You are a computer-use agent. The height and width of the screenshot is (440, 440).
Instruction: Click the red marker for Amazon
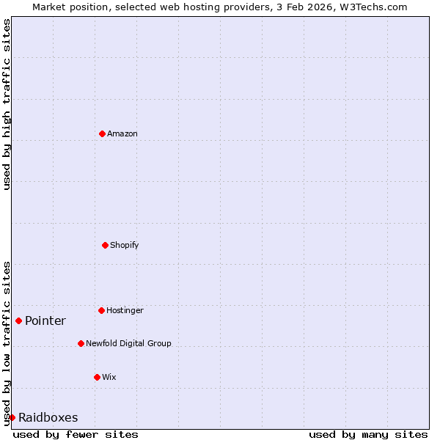103,133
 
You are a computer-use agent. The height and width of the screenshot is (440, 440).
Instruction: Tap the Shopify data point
105,245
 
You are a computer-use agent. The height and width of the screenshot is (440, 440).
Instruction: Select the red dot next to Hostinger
102,310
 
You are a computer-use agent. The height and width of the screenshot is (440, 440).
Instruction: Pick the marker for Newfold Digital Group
81,343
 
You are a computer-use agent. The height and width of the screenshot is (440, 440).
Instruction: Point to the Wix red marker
97,377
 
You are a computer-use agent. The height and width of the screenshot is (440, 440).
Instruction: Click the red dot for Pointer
18,320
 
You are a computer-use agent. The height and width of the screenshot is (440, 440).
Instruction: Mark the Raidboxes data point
12,417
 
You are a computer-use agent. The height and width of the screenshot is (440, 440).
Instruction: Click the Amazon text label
122,133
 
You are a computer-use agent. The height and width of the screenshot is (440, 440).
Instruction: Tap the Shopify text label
125,245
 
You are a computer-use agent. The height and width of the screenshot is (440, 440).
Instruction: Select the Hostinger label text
125,310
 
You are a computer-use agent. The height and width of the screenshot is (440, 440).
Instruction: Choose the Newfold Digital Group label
128,343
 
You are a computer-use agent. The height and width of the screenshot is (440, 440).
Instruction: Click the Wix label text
109,377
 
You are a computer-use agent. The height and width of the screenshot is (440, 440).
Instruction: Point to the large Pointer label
45,320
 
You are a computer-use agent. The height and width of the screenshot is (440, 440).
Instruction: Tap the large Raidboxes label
48,417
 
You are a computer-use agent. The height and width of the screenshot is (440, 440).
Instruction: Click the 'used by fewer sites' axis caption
76,434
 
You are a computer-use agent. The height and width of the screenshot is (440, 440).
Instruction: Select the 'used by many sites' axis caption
368,434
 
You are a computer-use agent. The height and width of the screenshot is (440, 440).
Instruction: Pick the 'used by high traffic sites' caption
7,104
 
